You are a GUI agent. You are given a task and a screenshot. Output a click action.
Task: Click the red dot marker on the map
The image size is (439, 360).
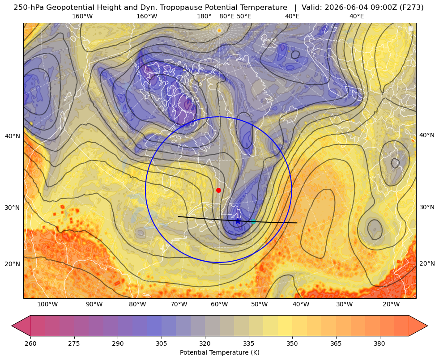[219, 190]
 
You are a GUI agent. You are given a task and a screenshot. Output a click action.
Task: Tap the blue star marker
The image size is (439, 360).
[238, 221]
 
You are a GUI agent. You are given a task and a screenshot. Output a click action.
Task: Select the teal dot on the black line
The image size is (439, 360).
[253, 221]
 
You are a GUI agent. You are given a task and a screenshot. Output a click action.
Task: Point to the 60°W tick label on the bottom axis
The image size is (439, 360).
[219, 304]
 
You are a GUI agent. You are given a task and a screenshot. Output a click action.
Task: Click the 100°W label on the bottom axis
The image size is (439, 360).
[47, 304]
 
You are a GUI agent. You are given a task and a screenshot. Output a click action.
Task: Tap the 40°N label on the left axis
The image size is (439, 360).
[13, 136]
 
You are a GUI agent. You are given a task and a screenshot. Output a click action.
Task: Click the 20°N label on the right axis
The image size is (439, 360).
[427, 263]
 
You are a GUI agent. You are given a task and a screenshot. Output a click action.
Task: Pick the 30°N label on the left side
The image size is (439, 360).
[13, 208]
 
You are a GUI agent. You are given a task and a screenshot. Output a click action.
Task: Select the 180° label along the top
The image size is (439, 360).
[204, 16]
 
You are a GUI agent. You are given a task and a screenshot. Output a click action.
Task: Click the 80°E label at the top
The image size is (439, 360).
[226, 16]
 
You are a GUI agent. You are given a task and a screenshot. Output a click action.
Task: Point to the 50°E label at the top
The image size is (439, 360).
[244, 16]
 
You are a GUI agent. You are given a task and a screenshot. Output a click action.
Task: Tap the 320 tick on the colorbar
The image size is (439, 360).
[205, 343]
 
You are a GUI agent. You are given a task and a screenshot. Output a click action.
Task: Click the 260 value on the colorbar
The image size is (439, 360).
[30, 343]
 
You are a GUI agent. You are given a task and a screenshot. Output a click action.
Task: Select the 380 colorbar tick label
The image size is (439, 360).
[379, 343]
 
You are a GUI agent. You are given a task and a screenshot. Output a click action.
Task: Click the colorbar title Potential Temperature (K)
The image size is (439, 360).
[219, 352]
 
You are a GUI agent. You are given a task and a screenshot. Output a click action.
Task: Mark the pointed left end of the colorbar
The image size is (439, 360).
[12, 326]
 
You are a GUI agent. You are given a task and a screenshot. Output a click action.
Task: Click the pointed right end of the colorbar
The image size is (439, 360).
[427, 326]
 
